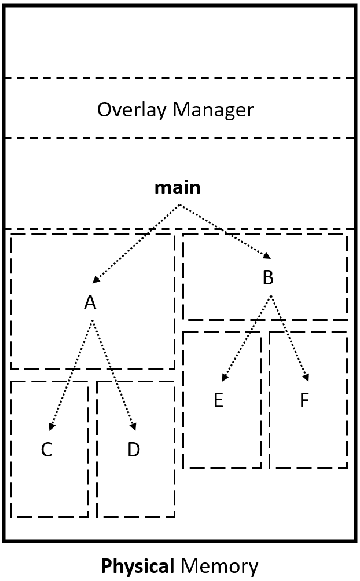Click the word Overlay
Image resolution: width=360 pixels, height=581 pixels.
128,109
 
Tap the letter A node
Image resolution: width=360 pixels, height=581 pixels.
90,302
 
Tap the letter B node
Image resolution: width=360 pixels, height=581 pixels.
267,278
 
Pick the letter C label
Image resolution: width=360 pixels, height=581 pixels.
47,450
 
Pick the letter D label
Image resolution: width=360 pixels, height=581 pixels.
134,450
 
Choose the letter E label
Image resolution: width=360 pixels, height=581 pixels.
218,401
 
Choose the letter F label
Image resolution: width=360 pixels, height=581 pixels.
304,401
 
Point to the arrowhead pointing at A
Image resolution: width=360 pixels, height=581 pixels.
97,280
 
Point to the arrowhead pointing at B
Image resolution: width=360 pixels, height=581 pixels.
267,256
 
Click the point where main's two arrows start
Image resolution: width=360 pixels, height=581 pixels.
179,204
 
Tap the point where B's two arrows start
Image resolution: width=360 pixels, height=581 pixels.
270,296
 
